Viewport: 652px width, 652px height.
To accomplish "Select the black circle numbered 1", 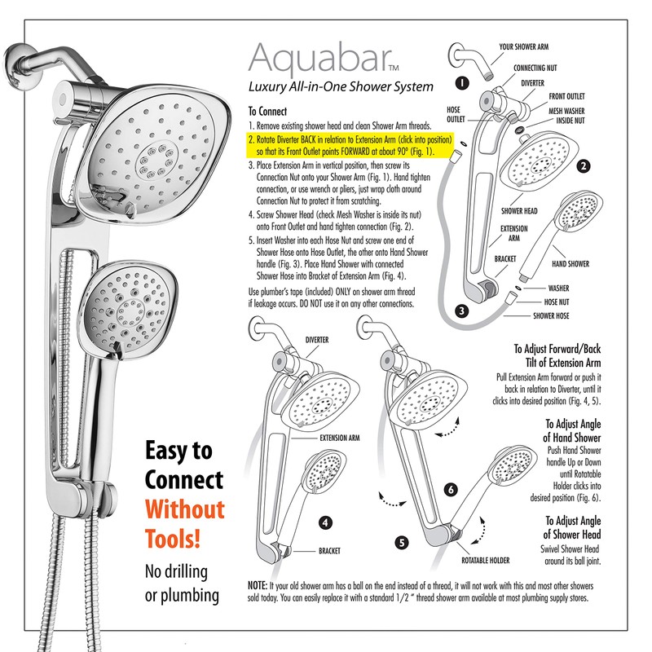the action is pyautogui.click(x=462, y=83).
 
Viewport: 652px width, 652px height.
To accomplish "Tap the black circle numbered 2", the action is pyautogui.click(x=584, y=166).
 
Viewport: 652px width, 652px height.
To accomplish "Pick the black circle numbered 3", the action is pyautogui.click(x=461, y=311).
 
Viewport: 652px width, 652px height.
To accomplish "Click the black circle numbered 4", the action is pyautogui.click(x=325, y=522).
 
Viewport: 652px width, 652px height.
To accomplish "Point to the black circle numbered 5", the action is pyautogui.click(x=401, y=543).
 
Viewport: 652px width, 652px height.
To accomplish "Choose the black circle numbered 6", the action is pyautogui.click(x=451, y=490).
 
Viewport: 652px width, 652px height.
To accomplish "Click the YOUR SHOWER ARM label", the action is pyautogui.click(x=523, y=46).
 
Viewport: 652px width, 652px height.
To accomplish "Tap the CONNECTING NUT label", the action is pyautogui.click(x=535, y=68).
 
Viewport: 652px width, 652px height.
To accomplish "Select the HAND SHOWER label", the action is pyautogui.click(x=570, y=263).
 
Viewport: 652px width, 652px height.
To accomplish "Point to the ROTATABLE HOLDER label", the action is pyautogui.click(x=485, y=561).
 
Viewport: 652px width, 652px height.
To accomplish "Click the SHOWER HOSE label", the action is pyautogui.click(x=551, y=315).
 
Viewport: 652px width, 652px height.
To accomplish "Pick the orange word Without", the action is pyautogui.click(x=185, y=509).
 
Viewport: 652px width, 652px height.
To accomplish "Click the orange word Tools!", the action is pyautogui.click(x=173, y=539).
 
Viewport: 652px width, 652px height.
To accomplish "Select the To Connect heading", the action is pyautogui.click(x=267, y=111).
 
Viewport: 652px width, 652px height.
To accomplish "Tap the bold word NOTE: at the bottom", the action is pyautogui.click(x=258, y=585).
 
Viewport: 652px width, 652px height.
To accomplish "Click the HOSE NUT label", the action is pyautogui.click(x=557, y=302).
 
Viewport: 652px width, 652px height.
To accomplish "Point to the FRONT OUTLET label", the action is pyautogui.click(x=566, y=96).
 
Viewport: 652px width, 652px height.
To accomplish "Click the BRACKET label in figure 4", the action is pyautogui.click(x=329, y=551).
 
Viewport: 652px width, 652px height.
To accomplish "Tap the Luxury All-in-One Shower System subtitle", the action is pyautogui.click(x=341, y=86).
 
